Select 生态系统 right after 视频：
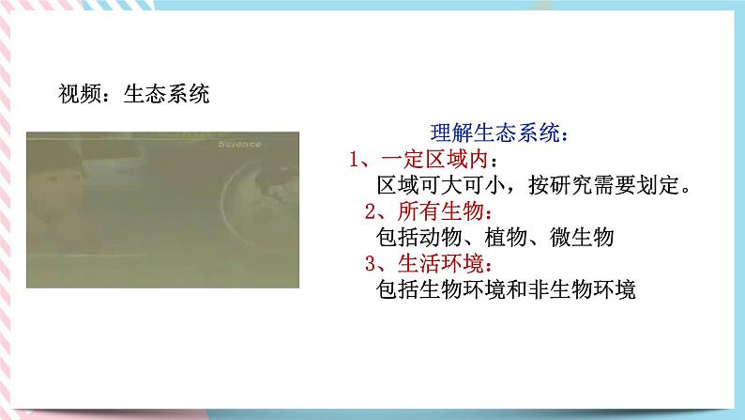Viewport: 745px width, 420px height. (166, 94)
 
